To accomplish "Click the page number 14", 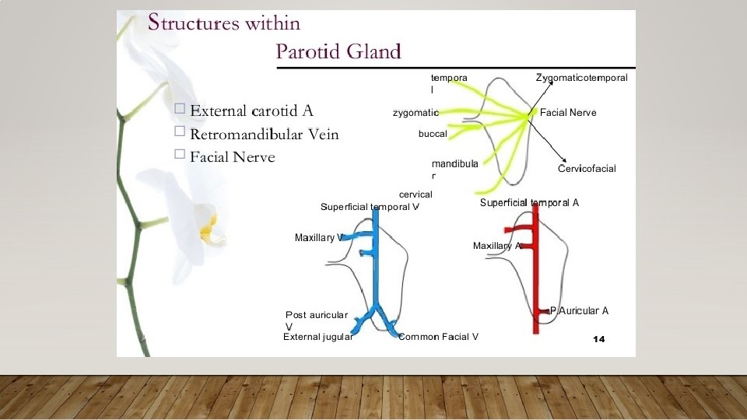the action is click(x=598, y=339).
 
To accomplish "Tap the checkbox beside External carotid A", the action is click(x=181, y=109).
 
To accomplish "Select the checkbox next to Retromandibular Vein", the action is click(x=181, y=131).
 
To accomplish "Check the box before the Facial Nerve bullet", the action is click(x=181, y=154).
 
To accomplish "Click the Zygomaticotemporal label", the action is click(x=581, y=78).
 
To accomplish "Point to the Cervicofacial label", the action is click(x=587, y=169).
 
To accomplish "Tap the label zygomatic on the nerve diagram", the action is click(x=416, y=113).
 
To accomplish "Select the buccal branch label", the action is click(x=433, y=134).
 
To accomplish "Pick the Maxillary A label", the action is click(x=496, y=246).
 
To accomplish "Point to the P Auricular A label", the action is click(x=579, y=311).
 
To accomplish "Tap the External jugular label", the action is click(x=317, y=337).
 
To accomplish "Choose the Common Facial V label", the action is click(x=438, y=337).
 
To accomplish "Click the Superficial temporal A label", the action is click(x=529, y=203).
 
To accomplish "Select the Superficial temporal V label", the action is click(x=370, y=207).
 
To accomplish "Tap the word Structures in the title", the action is click(x=193, y=23).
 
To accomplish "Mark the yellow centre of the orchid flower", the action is click(x=208, y=228).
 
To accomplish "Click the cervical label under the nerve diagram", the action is click(x=415, y=194).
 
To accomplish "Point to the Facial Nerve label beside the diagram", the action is click(x=568, y=113).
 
